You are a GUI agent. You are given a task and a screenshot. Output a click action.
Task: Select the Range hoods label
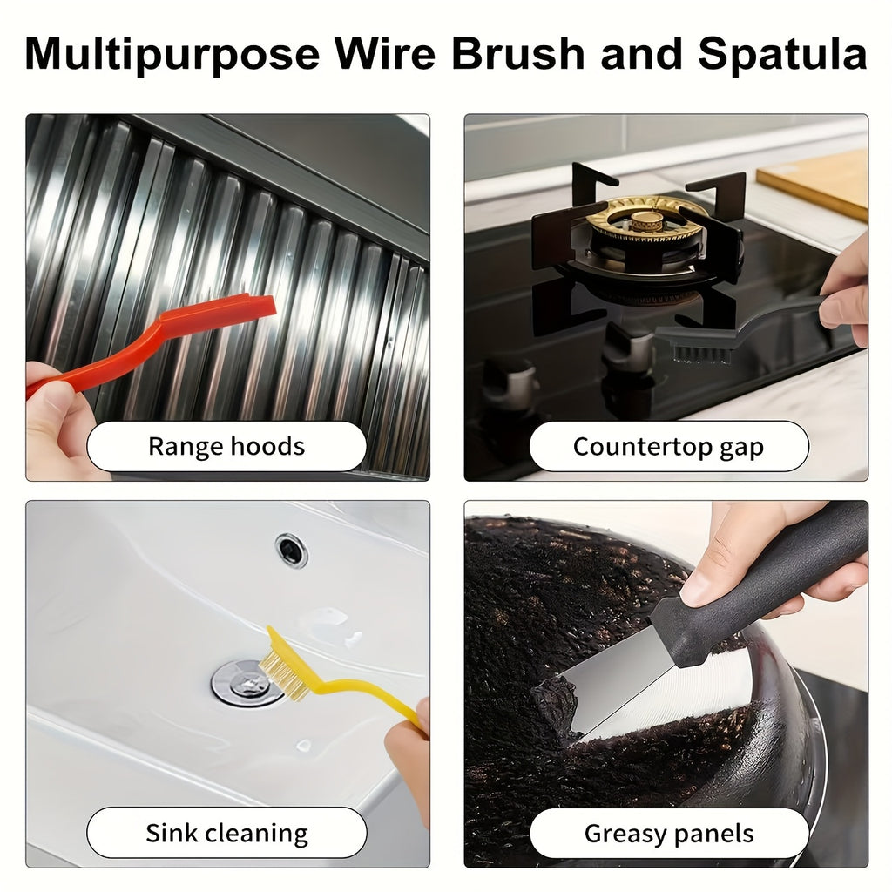click(x=226, y=447)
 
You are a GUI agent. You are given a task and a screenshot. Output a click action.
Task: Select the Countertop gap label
click(x=668, y=447)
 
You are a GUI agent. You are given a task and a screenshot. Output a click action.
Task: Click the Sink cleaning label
click(x=226, y=833)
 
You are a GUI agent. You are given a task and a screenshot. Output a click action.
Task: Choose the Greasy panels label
click(x=668, y=833)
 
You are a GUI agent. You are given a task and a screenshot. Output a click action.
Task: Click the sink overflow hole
click(x=291, y=551)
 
